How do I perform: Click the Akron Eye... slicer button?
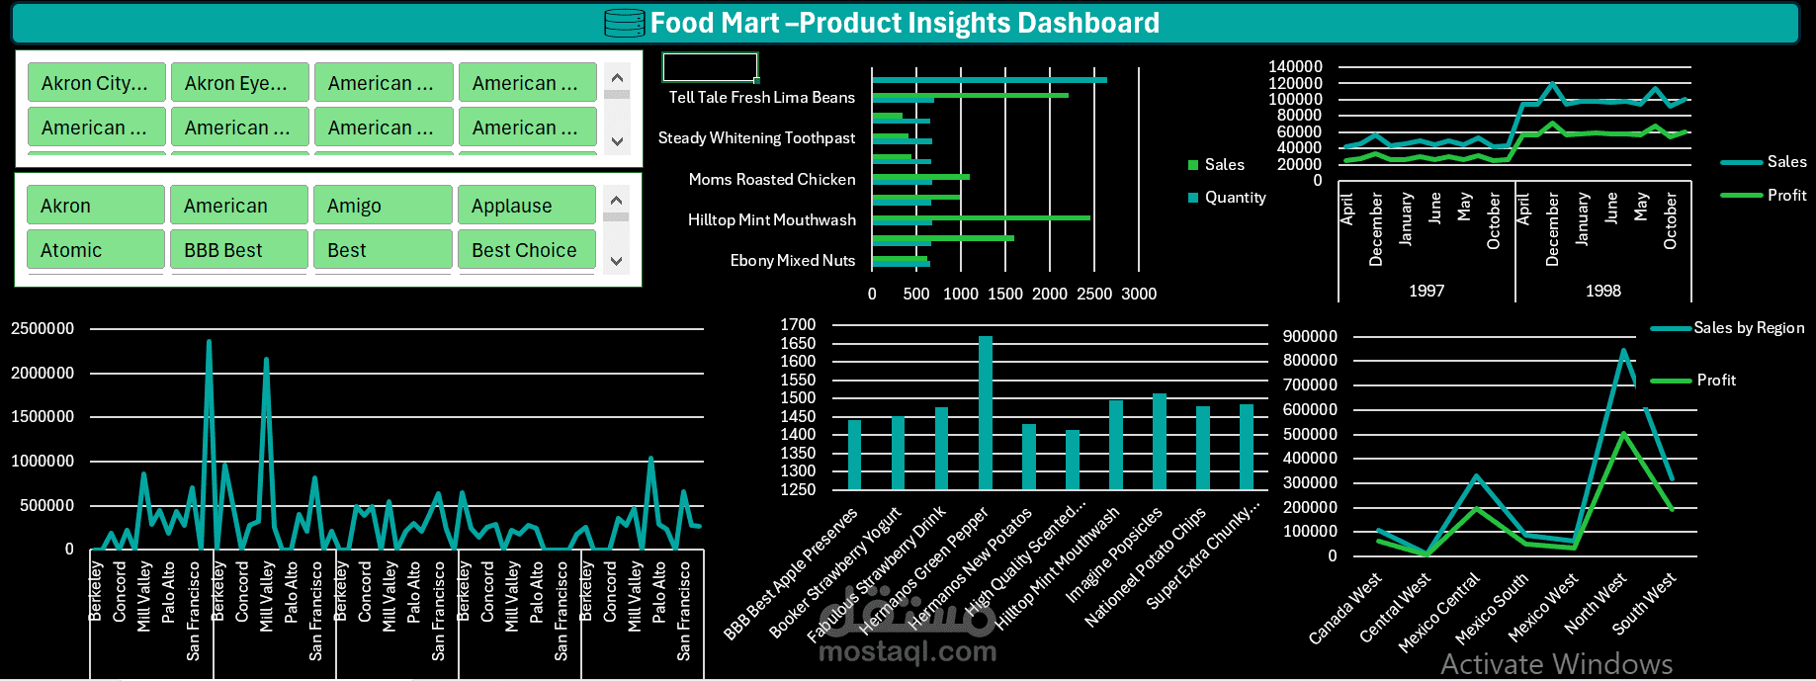239,83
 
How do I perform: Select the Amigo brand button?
383,206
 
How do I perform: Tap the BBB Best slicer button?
238,250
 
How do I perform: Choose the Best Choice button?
526,250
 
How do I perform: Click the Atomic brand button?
95,250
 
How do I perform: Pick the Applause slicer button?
526,206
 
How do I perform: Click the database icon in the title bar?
624,23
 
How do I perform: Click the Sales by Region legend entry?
1748,328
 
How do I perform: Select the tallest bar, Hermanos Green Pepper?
985,412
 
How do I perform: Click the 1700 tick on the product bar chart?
798,324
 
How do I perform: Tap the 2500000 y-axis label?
43,328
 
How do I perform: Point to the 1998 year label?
1602,291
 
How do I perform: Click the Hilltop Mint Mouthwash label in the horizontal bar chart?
771,219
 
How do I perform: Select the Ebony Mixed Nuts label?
792,260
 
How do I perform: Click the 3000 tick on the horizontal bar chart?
1138,294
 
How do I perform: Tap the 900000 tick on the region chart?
1309,336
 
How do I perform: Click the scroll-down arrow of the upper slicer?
617,141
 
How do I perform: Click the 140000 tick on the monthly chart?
1295,66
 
